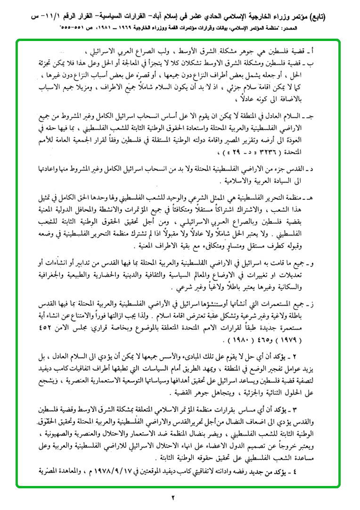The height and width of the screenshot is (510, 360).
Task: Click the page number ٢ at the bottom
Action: (172, 497)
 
